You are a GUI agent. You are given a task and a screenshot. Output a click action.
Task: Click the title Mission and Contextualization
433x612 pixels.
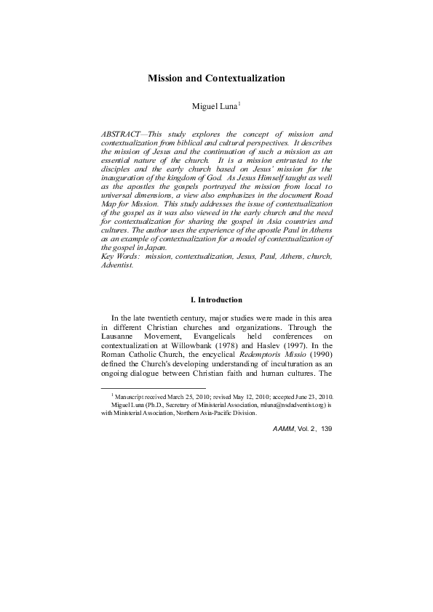tap(216, 77)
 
